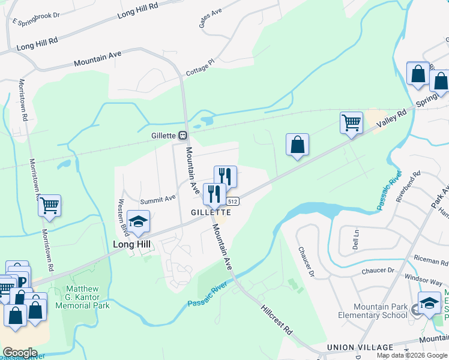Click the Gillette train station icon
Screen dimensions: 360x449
point(182,136)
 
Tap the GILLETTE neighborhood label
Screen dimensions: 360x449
point(211,212)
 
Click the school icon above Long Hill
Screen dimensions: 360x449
point(138,222)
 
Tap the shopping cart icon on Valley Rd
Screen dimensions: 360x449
point(351,122)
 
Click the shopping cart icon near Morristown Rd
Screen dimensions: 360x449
point(49,205)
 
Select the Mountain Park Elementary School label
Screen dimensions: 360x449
point(372,311)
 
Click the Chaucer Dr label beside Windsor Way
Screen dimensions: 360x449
point(377,271)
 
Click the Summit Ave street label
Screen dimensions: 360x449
point(158,198)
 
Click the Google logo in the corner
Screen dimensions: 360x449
point(20,353)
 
